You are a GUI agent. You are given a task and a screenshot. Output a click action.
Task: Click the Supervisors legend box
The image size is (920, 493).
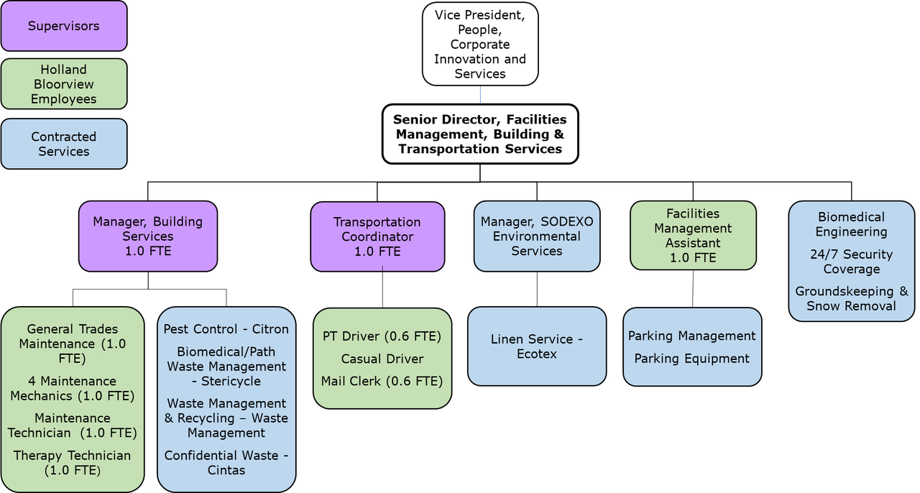pos(64,26)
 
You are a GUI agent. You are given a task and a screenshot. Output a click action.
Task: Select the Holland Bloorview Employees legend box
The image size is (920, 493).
pos(64,84)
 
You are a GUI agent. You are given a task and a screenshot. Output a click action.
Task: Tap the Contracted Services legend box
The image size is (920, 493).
pos(64,144)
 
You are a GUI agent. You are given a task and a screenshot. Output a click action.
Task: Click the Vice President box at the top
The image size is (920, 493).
pos(480,44)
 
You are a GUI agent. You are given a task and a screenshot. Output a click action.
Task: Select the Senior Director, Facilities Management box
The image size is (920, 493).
pos(480,134)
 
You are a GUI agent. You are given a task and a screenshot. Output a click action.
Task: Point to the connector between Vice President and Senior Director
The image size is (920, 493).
pos(480,95)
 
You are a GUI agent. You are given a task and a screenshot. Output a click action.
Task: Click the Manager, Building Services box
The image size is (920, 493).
pos(147,236)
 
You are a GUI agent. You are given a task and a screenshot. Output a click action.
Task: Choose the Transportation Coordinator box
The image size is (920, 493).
pos(377,236)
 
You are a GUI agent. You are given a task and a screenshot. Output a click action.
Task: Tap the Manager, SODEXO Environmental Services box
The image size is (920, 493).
pos(537,236)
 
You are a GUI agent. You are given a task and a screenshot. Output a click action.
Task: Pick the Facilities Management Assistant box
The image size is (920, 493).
pos(693,236)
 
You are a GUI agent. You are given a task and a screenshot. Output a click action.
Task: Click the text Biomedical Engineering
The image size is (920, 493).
pos(852,224)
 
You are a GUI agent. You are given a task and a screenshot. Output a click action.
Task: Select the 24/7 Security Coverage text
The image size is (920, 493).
pos(852,262)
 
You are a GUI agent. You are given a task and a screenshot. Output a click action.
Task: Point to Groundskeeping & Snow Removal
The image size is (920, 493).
pos(852,298)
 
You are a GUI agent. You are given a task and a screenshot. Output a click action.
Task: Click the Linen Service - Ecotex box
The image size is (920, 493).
pos(536,346)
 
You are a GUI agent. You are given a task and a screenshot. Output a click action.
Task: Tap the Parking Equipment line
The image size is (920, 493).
pos(691,359)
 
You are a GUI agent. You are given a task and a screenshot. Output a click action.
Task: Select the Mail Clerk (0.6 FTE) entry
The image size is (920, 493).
pos(382,381)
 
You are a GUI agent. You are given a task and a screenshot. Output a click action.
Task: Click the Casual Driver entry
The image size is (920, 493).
pos(382,359)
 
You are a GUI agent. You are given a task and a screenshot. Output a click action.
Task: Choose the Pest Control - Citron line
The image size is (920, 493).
pos(226,329)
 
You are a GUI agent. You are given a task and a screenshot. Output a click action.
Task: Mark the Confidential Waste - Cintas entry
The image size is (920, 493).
pos(226,463)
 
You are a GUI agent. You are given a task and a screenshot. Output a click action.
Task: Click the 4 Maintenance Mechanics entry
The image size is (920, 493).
pos(72,388)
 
